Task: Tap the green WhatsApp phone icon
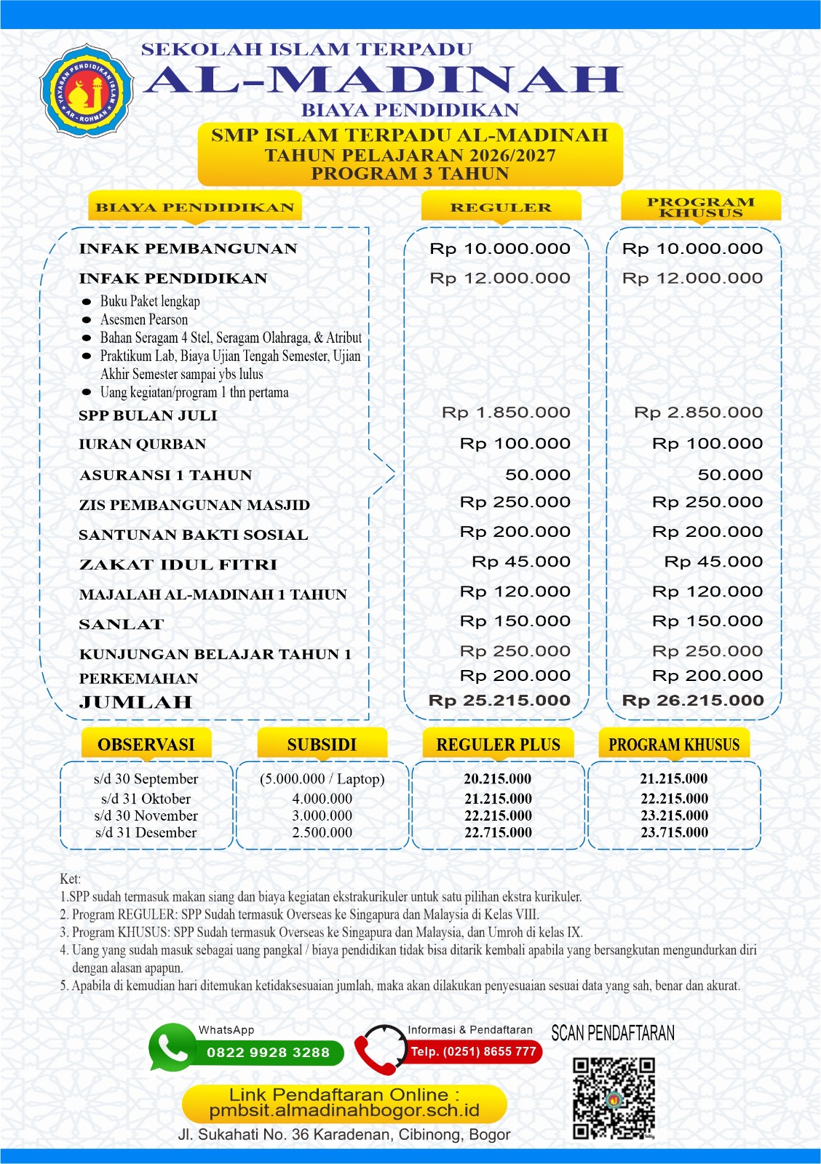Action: [x=172, y=1048]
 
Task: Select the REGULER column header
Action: [x=501, y=207]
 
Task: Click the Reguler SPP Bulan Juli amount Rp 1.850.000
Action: [x=506, y=412]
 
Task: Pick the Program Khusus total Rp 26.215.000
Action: [x=693, y=701]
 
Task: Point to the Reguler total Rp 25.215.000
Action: [x=499, y=701]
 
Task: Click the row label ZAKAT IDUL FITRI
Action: [x=178, y=565]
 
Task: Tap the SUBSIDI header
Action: [x=322, y=744]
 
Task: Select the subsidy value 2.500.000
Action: [x=322, y=832]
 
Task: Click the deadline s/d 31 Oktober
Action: [x=146, y=798]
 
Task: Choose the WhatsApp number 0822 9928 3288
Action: [x=268, y=1052]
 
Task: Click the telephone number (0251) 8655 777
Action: [x=473, y=1051]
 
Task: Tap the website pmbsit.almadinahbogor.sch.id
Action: [x=344, y=1111]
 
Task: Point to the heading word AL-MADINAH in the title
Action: [x=383, y=80]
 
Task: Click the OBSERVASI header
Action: [x=146, y=744]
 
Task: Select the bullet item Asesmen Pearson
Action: [x=144, y=319]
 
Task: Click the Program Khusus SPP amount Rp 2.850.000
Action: [x=698, y=412]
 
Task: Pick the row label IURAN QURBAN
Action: [x=143, y=444]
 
